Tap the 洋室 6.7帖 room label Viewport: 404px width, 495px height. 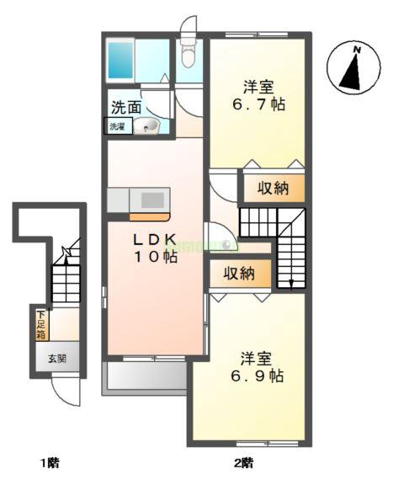coord(258,97)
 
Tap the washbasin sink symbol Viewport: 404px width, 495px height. coord(151,128)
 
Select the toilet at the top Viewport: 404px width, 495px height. coord(189,53)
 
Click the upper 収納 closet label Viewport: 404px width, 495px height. coord(273,188)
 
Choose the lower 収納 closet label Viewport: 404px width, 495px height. coord(239,273)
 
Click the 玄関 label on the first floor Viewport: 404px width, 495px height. coord(57,358)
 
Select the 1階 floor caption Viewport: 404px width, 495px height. coord(49,463)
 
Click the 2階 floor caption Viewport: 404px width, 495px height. coord(243,463)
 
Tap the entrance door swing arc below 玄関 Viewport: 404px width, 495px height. coord(64,391)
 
